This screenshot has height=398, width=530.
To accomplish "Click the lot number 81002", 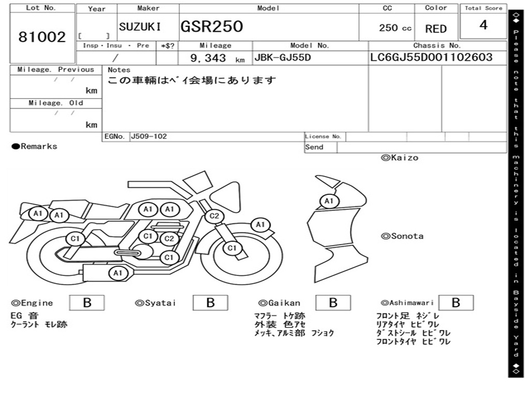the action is [42, 37].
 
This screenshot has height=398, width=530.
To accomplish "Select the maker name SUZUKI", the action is [140, 27].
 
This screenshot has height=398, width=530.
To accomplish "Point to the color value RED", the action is [436, 29].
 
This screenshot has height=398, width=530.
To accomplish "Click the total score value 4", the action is [483, 25].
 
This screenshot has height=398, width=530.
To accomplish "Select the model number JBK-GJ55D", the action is [282, 58].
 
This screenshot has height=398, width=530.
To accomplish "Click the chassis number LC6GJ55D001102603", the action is [431, 58].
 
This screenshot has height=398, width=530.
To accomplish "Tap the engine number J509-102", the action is [149, 136].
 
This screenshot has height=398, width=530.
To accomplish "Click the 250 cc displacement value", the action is [395, 28].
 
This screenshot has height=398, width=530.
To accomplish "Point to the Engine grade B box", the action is [87, 303].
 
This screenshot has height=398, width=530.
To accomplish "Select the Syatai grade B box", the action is [210, 303].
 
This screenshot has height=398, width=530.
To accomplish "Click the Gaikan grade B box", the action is [333, 303].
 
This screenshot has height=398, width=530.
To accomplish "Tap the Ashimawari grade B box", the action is [455, 303].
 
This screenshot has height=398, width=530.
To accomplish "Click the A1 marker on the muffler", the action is [117, 273].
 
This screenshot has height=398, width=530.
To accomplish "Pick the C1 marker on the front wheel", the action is [232, 248].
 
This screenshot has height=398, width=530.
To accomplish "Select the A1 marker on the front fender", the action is [260, 225].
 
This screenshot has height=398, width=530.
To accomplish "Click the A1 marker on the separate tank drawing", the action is [329, 201].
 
